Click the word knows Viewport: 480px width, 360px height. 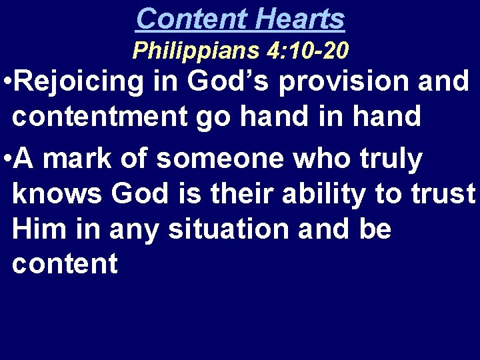point(57,195)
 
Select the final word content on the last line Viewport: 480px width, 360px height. point(65,265)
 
